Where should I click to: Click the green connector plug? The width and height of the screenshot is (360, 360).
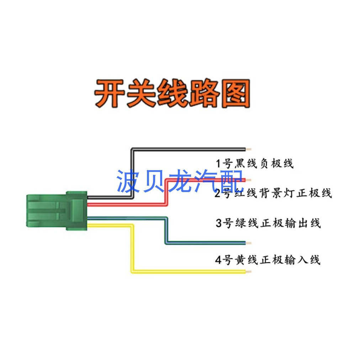click(x=57, y=211)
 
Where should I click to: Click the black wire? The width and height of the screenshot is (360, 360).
click(x=189, y=149)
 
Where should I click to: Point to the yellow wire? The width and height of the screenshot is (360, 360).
click(x=189, y=271)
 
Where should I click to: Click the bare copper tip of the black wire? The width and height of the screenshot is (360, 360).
click(x=249, y=149)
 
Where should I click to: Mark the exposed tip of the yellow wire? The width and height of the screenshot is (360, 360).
click(x=249, y=272)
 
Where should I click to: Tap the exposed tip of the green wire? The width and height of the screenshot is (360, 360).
click(x=249, y=243)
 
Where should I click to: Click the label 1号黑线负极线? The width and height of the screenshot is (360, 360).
click(x=254, y=164)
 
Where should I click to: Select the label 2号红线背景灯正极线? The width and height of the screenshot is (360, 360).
click(x=273, y=194)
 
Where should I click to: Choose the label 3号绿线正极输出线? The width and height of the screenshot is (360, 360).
click(x=268, y=223)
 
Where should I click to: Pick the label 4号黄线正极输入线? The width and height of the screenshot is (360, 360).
click(x=268, y=259)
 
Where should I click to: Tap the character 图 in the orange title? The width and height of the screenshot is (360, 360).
click(x=236, y=94)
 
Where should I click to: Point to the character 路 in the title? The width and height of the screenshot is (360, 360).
click(x=204, y=94)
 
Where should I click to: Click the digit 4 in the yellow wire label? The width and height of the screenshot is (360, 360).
click(x=218, y=260)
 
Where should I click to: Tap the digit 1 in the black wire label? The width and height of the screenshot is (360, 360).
click(x=219, y=164)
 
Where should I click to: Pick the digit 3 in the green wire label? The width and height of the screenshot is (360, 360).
click(x=219, y=223)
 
